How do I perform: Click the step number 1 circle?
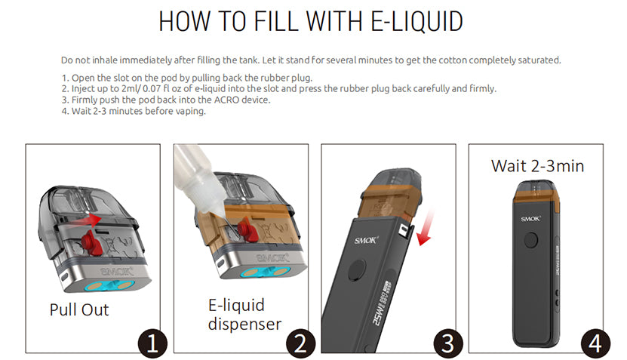[x=152, y=343]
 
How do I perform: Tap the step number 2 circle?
[x=301, y=343]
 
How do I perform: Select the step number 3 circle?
[x=448, y=343]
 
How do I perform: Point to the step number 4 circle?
[x=595, y=343]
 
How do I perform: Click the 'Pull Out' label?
[x=79, y=310]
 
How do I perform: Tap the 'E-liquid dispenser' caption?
[x=244, y=315]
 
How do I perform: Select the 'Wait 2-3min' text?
[x=537, y=166]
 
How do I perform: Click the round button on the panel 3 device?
[x=357, y=270]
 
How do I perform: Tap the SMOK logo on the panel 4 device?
[x=530, y=218]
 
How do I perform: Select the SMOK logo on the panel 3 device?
[x=366, y=240]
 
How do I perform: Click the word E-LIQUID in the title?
[x=416, y=21]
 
